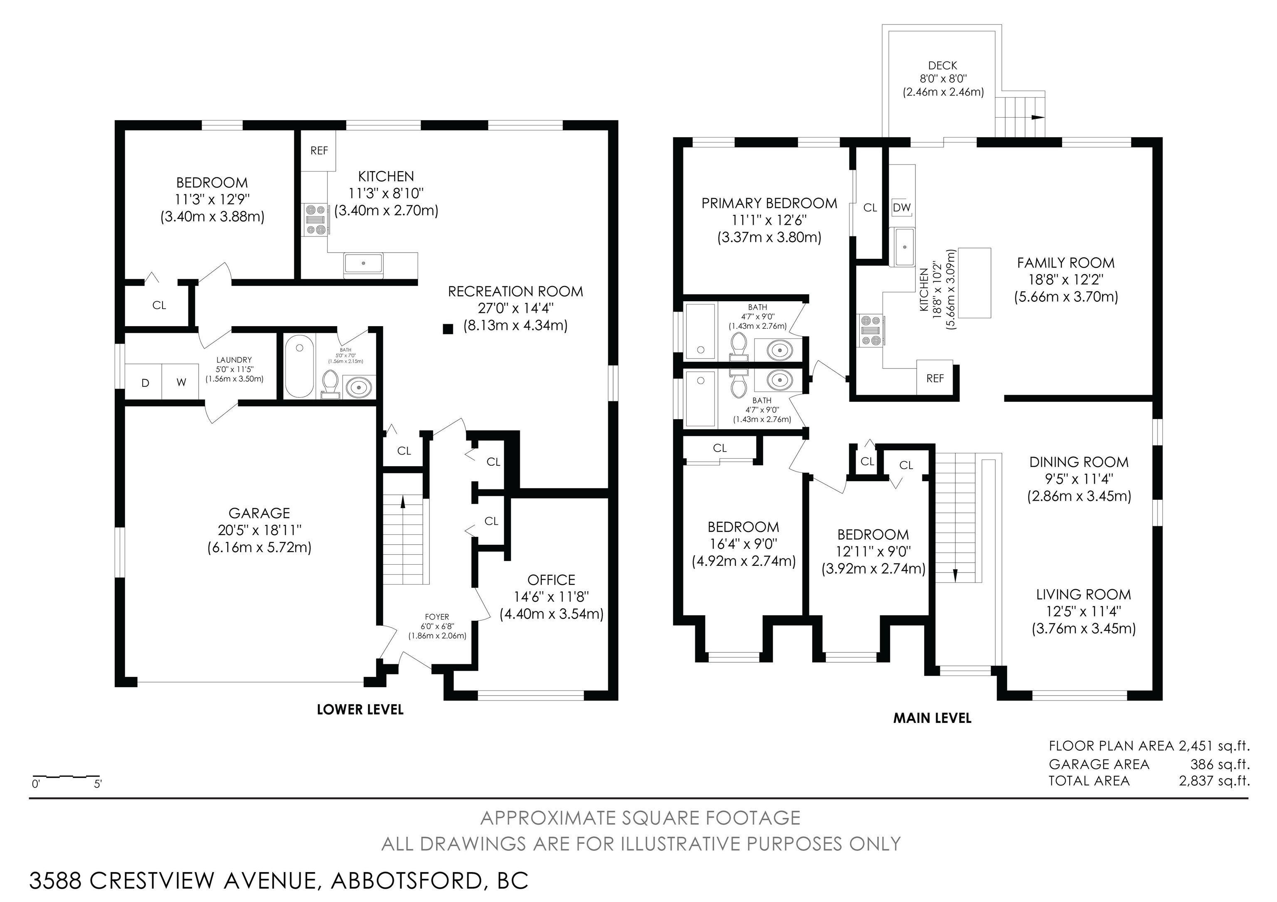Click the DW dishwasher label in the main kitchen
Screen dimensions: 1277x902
(902, 207)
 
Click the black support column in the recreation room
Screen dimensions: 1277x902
(448, 329)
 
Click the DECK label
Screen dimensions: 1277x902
(943, 66)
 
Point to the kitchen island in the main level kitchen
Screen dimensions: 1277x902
(974, 283)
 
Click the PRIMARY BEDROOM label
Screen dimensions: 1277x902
(769, 204)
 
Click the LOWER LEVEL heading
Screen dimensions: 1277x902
(360, 710)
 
